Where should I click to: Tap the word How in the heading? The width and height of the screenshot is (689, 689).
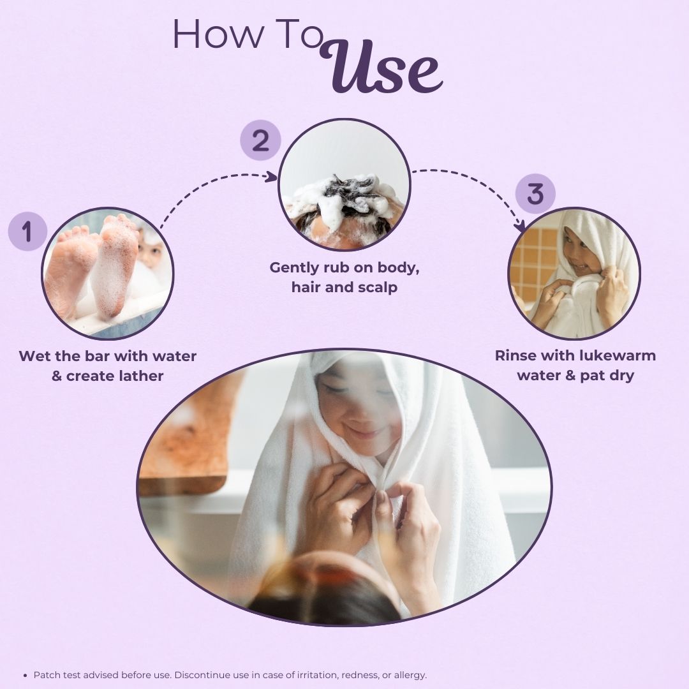click(218, 34)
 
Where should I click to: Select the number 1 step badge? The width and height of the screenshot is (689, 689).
click(27, 231)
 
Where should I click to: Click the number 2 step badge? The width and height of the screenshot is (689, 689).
click(260, 140)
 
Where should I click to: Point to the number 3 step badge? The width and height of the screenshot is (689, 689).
click(535, 194)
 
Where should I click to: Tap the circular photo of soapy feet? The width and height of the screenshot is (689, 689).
click(108, 273)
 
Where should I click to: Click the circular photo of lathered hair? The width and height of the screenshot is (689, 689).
click(344, 184)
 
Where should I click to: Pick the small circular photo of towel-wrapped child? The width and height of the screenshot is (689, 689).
click(574, 273)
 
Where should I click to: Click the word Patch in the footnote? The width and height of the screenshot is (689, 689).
click(47, 674)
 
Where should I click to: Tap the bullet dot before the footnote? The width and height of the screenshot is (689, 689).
click(25, 675)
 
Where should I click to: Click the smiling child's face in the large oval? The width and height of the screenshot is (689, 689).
click(357, 409)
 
